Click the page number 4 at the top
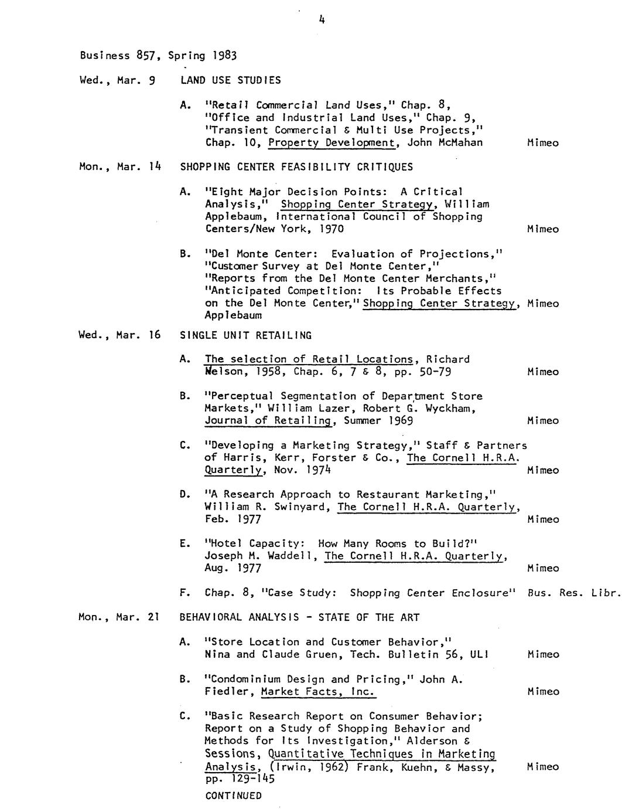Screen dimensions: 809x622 pos(322,19)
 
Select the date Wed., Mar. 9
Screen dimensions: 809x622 pos(117,80)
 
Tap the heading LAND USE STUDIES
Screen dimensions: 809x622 pos(230,80)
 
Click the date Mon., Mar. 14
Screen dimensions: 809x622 pos(119,166)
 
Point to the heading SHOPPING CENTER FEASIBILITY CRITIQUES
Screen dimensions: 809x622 pos(296,167)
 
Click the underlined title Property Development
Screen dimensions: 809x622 pos(334,142)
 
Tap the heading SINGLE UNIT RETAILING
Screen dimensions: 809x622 pos(245,335)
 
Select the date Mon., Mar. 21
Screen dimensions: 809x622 pos(119,617)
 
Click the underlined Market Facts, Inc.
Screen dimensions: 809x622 pos(317,692)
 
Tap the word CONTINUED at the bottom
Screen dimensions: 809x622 pos(233,796)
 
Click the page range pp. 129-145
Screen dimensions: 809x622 pos(240,779)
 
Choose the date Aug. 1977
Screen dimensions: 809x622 pos(233,568)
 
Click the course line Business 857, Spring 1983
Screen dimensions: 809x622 pos(158,56)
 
